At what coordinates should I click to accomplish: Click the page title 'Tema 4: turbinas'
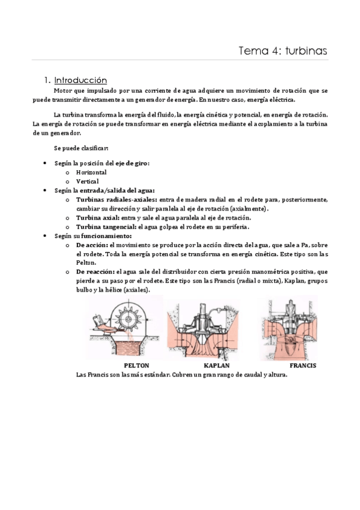[x=283, y=51]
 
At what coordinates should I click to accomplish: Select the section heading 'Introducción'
[x=80, y=80]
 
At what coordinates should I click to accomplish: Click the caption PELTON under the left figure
[x=136, y=365]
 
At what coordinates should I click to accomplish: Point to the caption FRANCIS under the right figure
[x=302, y=365]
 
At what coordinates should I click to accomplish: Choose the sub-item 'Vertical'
[x=88, y=181]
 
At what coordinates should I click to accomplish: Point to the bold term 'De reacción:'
[x=95, y=272]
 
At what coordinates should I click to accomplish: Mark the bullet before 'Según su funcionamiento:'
[x=46, y=236]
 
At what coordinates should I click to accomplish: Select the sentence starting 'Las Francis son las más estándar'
[x=182, y=374]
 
